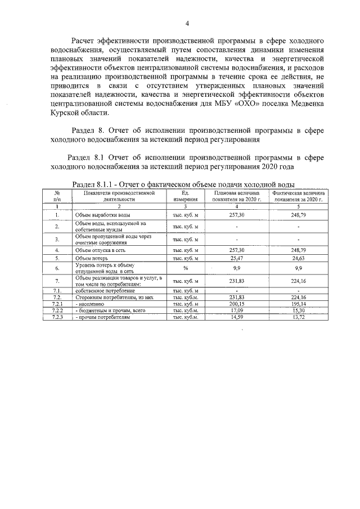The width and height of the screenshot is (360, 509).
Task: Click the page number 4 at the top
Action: click(187, 23)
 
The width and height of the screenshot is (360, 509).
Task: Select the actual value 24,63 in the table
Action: click(298, 259)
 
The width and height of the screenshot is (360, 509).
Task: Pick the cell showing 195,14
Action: click(298, 304)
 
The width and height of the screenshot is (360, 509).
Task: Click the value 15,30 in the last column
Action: click(298, 310)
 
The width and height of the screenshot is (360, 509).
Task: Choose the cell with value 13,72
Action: click(298, 317)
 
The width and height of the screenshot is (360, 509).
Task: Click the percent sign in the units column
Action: click(185, 268)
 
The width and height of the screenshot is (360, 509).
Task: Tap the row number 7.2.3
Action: click(57, 317)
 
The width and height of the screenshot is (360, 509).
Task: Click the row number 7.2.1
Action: click(57, 304)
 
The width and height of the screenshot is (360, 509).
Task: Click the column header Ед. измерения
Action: click(185, 196)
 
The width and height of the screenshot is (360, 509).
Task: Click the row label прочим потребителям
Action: click(103, 317)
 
